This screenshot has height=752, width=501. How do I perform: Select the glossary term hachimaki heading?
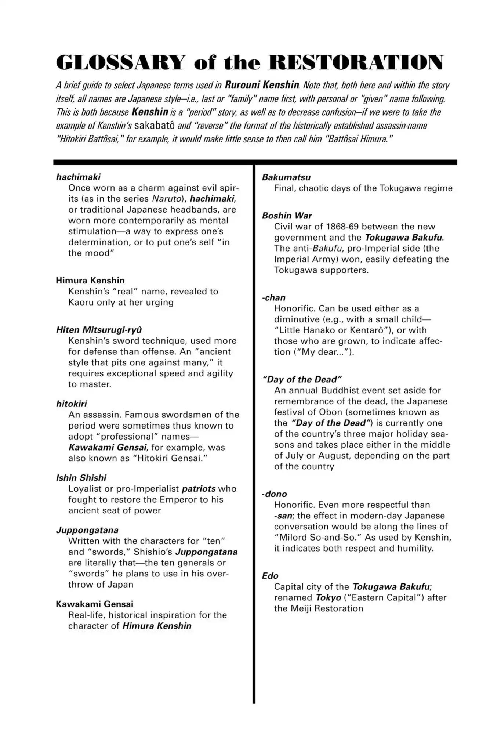pos(78,177)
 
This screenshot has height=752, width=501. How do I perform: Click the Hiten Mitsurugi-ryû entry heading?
pos(99,329)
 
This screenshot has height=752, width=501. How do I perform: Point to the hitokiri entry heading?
pos(72,404)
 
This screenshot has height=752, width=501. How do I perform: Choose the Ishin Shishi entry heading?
pos(81,478)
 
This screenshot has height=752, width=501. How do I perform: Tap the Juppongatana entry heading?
pos(87,530)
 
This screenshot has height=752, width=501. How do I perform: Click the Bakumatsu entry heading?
pos(286,177)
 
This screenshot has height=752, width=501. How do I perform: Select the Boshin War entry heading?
pos(287,216)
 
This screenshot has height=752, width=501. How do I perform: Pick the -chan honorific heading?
pos(274,297)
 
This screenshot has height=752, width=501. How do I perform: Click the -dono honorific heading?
pos(275,494)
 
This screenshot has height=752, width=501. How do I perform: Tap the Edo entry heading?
pos(270,576)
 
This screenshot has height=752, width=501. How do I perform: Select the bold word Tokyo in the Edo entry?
pos(328,597)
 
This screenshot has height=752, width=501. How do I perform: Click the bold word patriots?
pos(199,489)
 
